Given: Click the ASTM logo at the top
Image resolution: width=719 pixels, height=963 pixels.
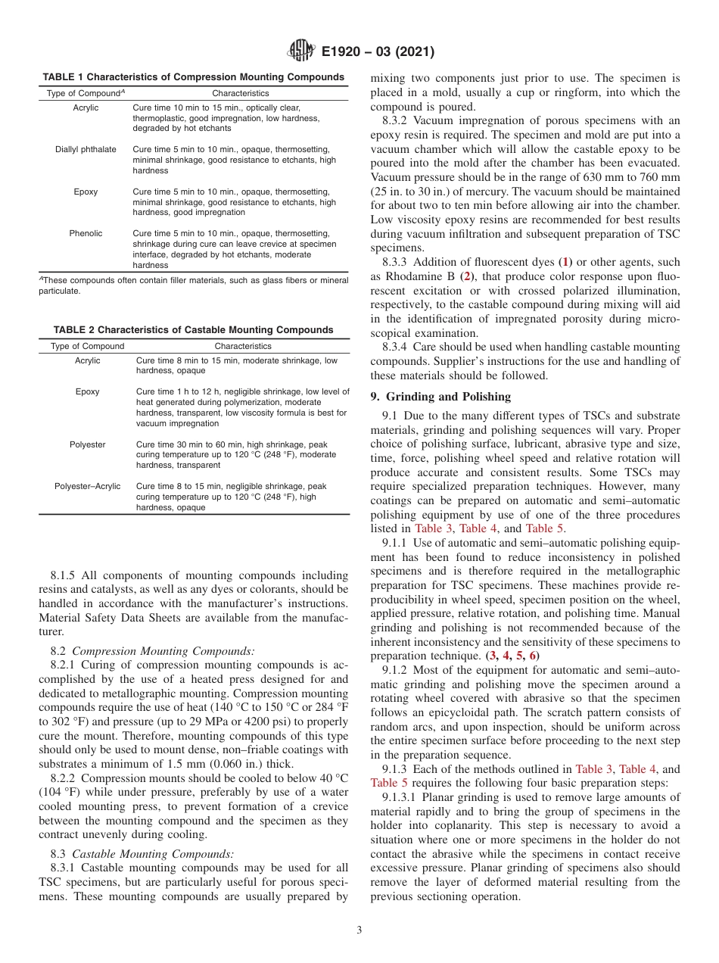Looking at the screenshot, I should coord(301,51).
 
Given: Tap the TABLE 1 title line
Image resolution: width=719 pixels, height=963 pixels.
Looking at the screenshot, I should coord(193,77).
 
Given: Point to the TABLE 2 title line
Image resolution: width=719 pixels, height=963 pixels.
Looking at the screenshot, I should coord(193,330).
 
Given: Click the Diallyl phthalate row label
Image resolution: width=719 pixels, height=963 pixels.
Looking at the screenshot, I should coord(86,149).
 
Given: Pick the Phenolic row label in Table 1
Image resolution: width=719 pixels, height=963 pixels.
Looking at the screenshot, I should coord(86,233).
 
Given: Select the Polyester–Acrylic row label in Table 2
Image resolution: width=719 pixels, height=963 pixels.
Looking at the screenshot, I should coord(87,486).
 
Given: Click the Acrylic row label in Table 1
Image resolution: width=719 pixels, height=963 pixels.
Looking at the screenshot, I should coord(86,108).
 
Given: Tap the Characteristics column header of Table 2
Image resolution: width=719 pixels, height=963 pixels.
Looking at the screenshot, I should coord(242,346).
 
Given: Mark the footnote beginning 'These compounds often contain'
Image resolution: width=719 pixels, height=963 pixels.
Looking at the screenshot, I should coord(193,285).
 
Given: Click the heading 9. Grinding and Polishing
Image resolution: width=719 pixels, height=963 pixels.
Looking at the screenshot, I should coord(440,396).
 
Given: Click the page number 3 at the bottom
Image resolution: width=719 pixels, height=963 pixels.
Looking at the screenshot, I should coord(359,930).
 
